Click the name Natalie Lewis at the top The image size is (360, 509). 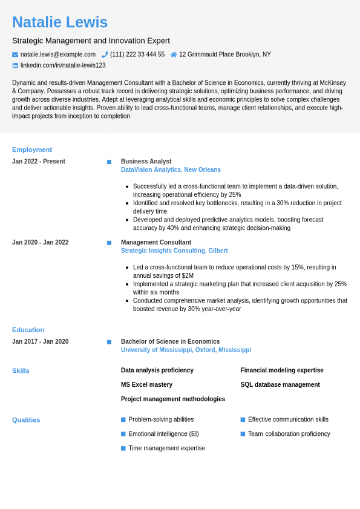point(60,22)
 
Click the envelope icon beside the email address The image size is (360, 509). point(15,54)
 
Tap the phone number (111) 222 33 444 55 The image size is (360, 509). point(137,54)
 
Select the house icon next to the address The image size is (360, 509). point(174,54)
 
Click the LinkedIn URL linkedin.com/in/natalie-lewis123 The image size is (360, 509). point(63,65)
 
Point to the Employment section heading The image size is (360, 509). point(32,149)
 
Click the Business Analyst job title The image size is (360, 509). point(146,162)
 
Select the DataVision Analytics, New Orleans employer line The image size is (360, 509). point(171,170)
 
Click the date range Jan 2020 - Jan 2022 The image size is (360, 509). point(40,243)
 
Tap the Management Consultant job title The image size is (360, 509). point(156,243)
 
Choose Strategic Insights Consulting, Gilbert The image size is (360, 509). point(174,251)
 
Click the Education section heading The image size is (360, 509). point(28,330)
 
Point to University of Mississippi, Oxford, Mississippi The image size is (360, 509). point(186,350)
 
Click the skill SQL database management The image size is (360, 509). point(280,385)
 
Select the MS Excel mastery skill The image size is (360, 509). point(146,385)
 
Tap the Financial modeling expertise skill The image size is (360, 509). point(282,370)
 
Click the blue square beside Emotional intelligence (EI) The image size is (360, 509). point(123,434)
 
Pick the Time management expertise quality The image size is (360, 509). point(166,448)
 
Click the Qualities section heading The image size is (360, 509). point(26,420)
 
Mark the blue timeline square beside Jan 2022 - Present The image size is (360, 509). point(110,162)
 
